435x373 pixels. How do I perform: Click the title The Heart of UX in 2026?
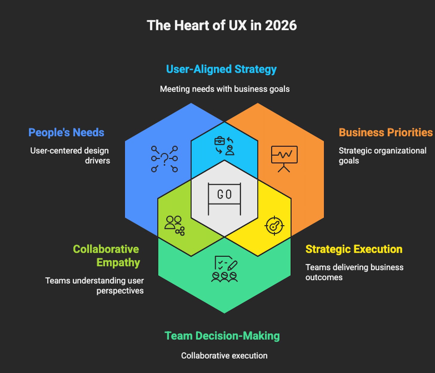point(222,25)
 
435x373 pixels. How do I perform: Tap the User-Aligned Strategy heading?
point(221,69)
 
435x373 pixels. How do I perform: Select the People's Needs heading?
point(66,132)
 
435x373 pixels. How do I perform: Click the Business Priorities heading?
point(385,132)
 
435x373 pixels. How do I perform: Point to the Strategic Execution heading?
point(354,249)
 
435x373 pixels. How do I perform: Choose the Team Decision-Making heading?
point(222,336)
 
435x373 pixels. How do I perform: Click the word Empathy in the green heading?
point(118,262)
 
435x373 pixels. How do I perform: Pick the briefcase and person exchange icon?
point(224,146)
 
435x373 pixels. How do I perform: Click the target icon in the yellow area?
point(274,226)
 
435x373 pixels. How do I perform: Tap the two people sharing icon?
point(174,225)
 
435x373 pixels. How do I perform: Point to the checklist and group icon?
point(224,269)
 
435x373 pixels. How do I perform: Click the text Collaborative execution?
point(224,355)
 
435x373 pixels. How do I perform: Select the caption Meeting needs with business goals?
point(225,89)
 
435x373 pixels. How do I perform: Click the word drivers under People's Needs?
point(97,160)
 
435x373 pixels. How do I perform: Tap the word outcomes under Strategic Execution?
point(324,277)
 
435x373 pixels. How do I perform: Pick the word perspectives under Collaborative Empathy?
point(120,291)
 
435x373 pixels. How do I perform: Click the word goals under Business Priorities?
point(349,161)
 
